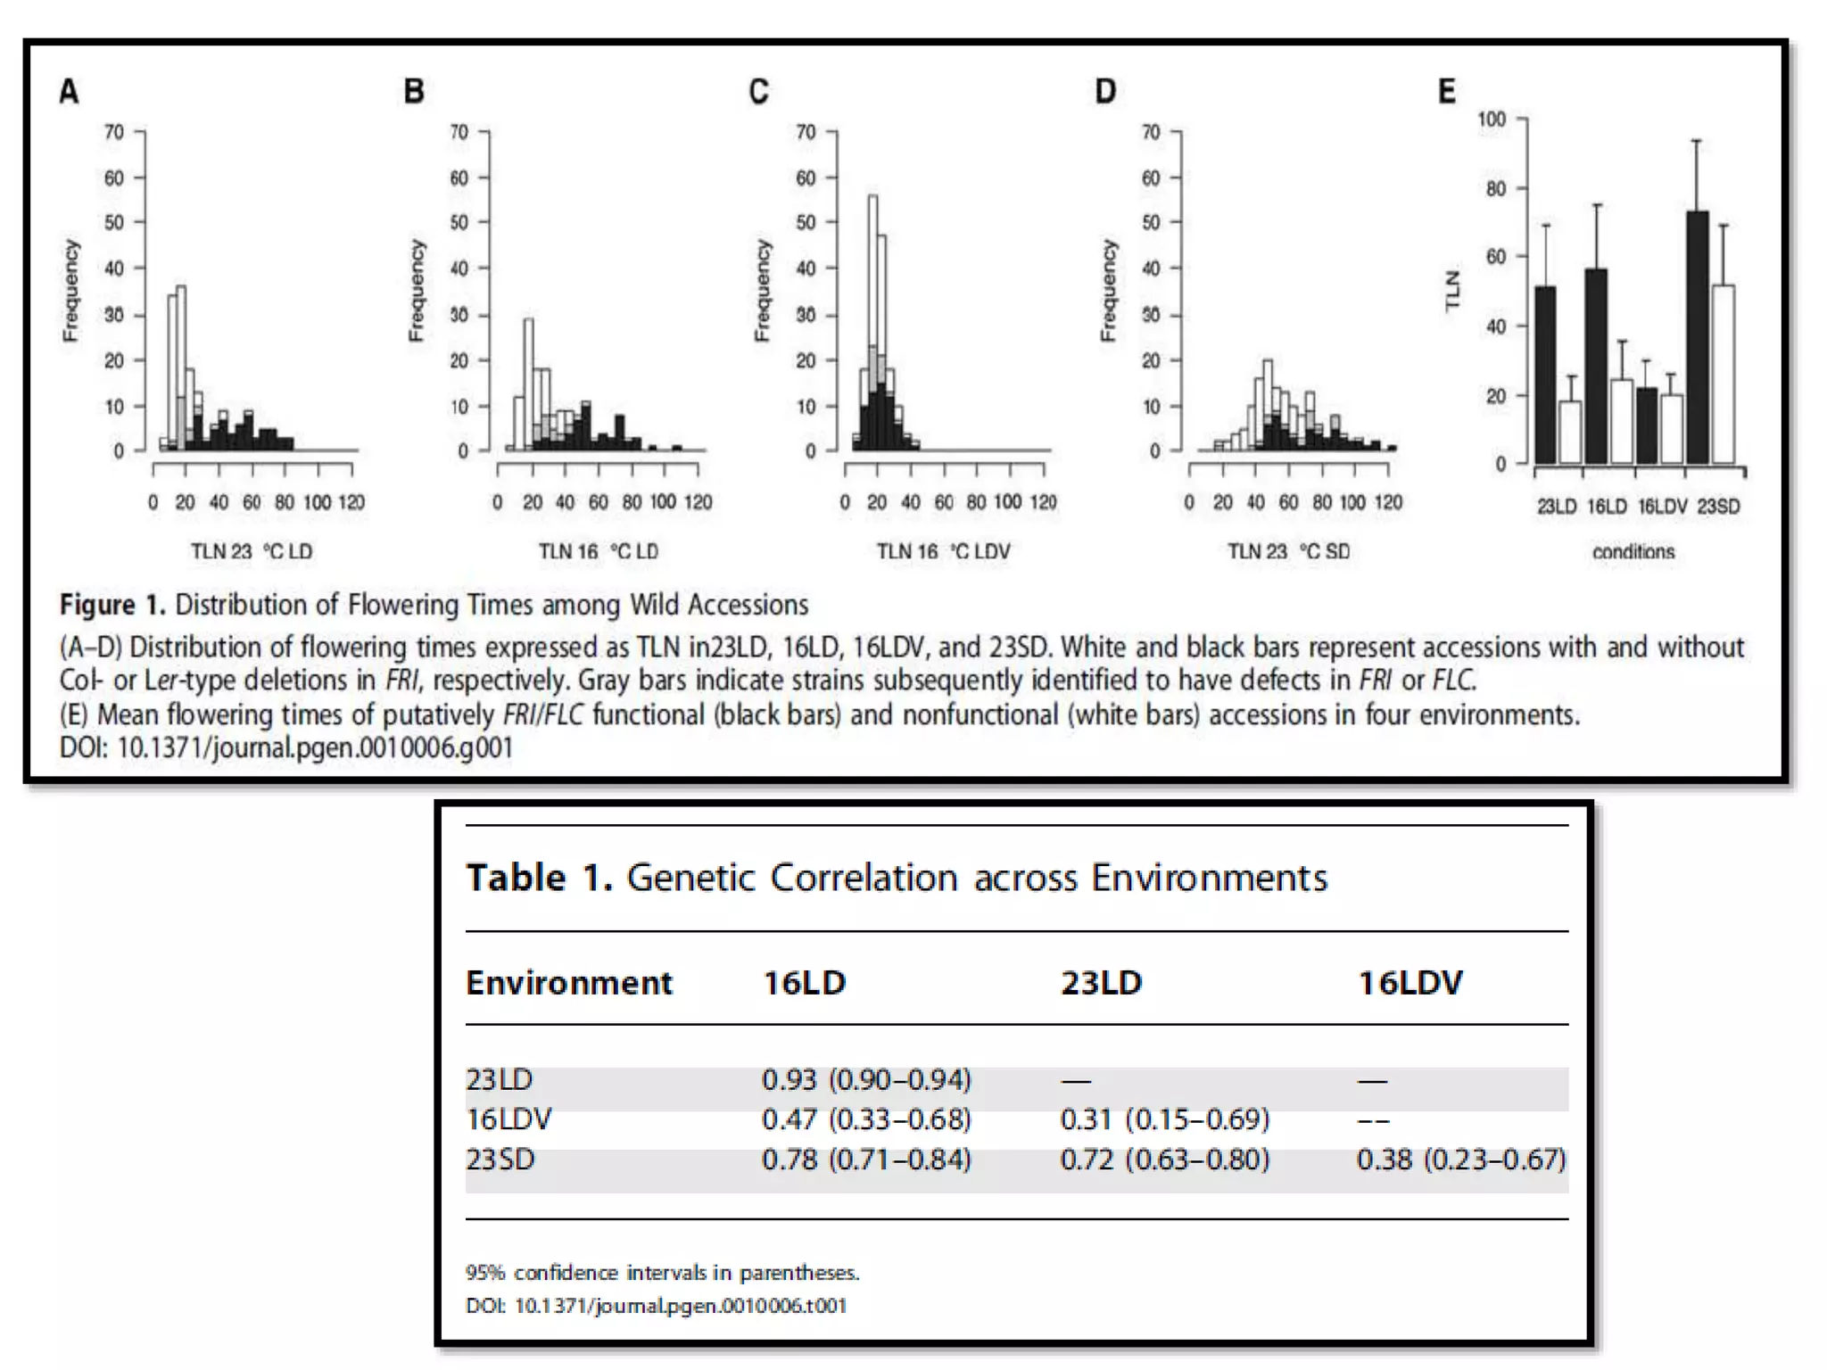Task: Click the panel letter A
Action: (x=69, y=92)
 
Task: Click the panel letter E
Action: (x=1446, y=92)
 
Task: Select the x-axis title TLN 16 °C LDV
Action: (x=943, y=552)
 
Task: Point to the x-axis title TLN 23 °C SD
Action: (x=1288, y=552)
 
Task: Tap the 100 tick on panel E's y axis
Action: (x=1491, y=120)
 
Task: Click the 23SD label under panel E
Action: (x=1718, y=507)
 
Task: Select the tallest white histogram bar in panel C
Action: (x=872, y=268)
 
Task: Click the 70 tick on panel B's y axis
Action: (x=459, y=132)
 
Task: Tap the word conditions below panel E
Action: (x=1633, y=552)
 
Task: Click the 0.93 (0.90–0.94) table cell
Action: (x=865, y=1080)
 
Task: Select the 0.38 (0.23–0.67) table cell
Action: (x=1461, y=1160)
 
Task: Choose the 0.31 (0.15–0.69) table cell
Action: (x=1164, y=1119)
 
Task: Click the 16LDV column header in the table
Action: (x=1410, y=983)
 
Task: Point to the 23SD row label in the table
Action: (x=500, y=1160)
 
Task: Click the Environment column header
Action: (x=569, y=983)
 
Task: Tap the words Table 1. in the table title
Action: (x=539, y=878)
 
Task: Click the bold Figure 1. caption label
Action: (x=112, y=605)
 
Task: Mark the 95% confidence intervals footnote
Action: (x=662, y=1273)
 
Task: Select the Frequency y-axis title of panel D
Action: (x=1108, y=290)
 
